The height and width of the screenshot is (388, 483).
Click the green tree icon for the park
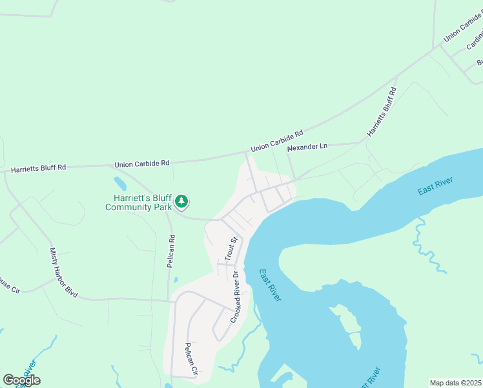click(182, 202)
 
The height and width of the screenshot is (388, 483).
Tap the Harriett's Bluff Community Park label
click(139, 202)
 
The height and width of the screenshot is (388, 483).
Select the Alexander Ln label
click(307, 147)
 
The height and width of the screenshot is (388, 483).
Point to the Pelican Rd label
click(172, 246)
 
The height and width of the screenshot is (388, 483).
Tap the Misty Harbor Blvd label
click(63, 272)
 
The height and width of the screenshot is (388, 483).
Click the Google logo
click(21, 380)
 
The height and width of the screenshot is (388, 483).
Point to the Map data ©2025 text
click(455, 383)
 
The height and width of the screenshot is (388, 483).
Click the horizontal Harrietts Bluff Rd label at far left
click(39, 167)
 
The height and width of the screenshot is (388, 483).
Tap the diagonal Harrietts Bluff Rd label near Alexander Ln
click(382, 112)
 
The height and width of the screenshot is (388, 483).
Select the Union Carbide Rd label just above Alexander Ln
click(277, 143)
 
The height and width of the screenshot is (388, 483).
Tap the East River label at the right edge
click(435, 185)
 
